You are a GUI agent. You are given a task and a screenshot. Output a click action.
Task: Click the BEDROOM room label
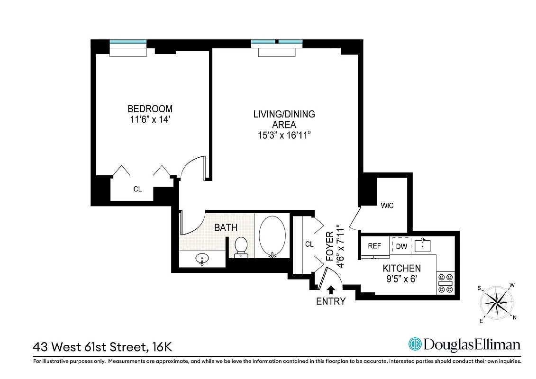(150, 109)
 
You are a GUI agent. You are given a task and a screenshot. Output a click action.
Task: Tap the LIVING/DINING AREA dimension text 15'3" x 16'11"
(284, 135)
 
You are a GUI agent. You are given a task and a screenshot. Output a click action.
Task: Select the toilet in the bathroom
(241, 246)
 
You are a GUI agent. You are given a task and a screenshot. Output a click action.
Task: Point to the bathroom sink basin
(202, 260)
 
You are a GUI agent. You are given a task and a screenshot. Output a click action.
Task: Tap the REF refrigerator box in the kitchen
(374, 246)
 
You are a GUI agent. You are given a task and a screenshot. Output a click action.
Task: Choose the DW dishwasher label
(401, 246)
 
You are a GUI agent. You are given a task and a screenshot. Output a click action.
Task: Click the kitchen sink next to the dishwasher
(422, 246)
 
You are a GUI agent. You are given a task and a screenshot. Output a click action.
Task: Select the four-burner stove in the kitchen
(445, 283)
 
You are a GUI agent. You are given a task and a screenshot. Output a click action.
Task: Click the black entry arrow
(331, 289)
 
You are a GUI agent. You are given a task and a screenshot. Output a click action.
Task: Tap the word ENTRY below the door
(331, 301)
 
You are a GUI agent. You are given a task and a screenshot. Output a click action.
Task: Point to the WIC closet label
(387, 206)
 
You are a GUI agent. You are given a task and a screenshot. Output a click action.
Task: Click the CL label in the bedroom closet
(137, 189)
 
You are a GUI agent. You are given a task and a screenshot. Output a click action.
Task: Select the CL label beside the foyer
(309, 244)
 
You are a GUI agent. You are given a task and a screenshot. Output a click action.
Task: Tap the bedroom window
(128, 42)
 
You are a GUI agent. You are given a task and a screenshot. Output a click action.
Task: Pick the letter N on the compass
(515, 317)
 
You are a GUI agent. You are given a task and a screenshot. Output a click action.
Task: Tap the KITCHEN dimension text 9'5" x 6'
(401, 278)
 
